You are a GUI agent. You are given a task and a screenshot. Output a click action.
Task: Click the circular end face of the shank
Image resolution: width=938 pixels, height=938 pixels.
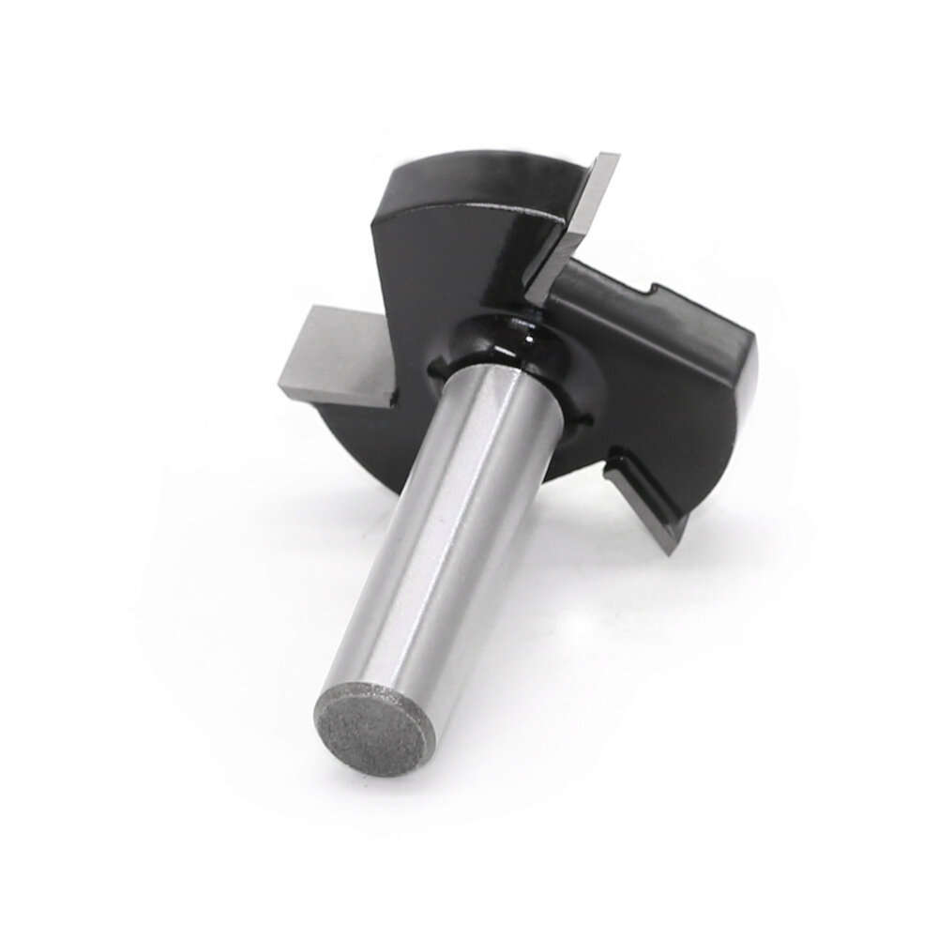point(374,726)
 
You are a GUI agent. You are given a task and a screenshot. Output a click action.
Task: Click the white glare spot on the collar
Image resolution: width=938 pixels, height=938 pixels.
point(531,330)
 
